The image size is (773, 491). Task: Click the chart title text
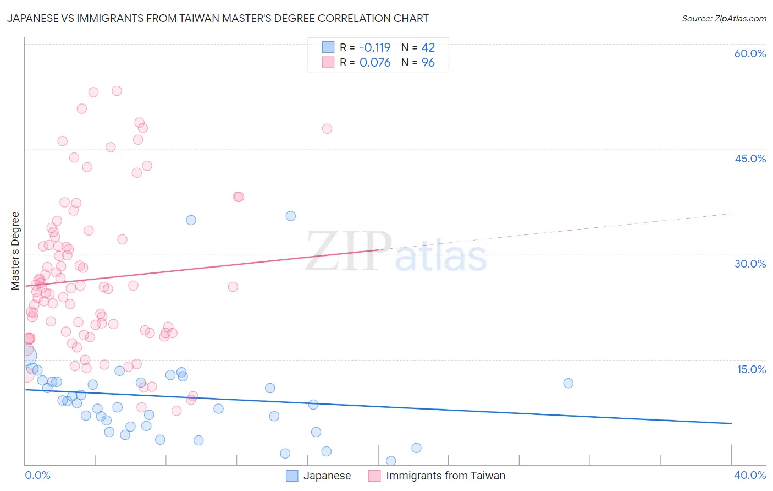[218, 18]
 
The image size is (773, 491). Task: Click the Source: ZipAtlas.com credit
[724, 18]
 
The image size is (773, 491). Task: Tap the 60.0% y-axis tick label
[750, 53]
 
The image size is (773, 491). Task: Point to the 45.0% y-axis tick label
[750, 159]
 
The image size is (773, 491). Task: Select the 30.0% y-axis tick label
[750, 264]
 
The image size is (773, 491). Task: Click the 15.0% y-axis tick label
[751, 369]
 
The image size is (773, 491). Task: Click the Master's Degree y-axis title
[15, 251]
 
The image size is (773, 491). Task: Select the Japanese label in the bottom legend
[327, 476]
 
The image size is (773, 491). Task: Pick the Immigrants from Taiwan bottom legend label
[445, 476]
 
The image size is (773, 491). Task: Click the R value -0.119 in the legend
[375, 48]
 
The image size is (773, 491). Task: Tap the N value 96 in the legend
[428, 63]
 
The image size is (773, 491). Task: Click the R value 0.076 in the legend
[375, 63]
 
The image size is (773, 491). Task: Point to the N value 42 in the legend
[428, 48]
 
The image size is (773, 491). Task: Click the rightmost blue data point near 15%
[568, 383]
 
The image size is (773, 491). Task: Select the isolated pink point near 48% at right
[327, 129]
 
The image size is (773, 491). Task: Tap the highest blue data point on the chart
[291, 216]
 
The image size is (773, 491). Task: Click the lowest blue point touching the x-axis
[391, 461]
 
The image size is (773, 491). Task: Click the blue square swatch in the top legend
[328, 47]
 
